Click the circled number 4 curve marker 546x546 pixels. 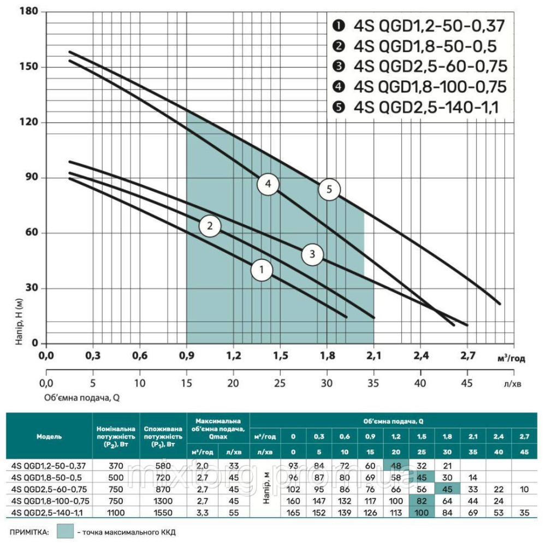[268, 185]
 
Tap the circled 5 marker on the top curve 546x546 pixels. [329, 189]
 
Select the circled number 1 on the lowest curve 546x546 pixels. [262, 270]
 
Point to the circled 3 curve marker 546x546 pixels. [312, 254]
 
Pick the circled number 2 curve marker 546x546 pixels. [210, 225]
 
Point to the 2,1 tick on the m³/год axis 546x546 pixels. [374, 356]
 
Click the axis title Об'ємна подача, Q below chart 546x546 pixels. [82, 397]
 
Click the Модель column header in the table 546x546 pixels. [49, 437]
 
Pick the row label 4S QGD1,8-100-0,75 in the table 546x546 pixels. [49, 501]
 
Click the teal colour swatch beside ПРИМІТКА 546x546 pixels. [66, 531]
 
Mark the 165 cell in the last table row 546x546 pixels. [293, 513]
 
